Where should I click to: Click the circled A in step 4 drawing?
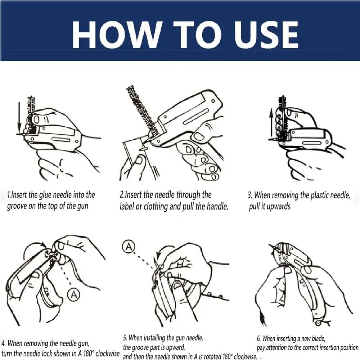point(74,295)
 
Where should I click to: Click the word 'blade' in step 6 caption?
point(317,338)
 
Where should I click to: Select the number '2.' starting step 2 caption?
point(122,195)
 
